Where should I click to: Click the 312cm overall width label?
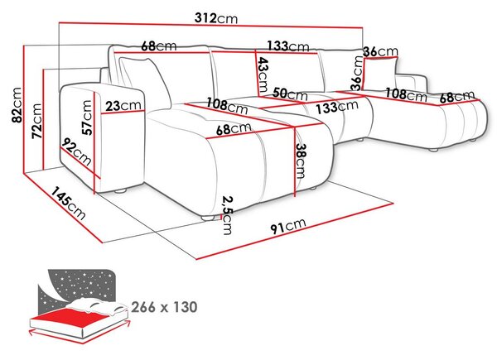click(x=216, y=18)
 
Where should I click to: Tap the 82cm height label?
click(x=17, y=105)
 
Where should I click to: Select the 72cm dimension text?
click(x=36, y=121)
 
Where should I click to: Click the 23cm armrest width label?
click(x=123, y=105)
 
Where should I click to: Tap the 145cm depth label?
click(x=68, y=204)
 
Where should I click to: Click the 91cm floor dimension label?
click(x=288, y=226)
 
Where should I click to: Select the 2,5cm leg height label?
click(x=227, y=215)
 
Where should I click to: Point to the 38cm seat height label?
click(x=301, y=161)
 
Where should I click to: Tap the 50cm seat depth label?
click(x=290, y=94)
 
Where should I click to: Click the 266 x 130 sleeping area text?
click(x=164, y=307)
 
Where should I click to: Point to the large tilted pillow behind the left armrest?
click(x=144, y=82)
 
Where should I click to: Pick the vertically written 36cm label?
click(x=357, y=73)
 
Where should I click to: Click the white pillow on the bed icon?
click(x=99, y=306)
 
